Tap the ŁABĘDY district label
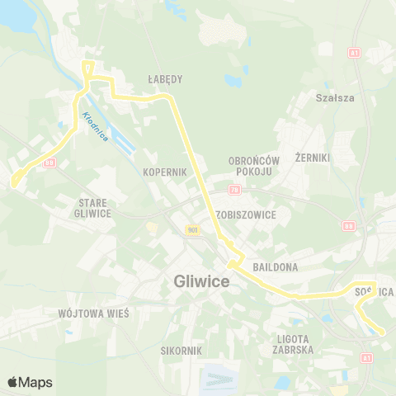tap(166, 79)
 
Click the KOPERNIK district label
tap(165, 172)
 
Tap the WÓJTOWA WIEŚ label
tap(85, 313)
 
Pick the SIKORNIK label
tap(181, 351)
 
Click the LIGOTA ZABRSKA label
tap(295, 344)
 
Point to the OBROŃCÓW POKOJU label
tap(254, 166)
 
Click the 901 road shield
tap(191, 230)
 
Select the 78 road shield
tap(234, 191)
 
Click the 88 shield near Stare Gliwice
tap(50, 163)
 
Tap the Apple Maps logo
tap(30, 382)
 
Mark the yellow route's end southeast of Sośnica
tap(382, 332)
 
